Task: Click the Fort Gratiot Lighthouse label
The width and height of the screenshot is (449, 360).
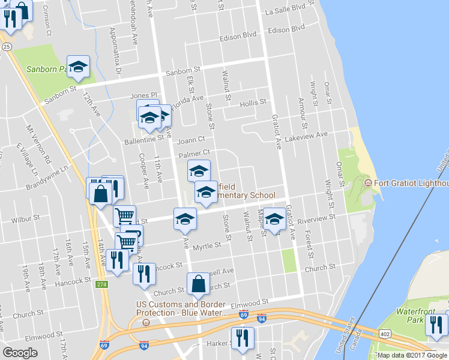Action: (411, 183)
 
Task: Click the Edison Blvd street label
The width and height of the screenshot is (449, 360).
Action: (287, 29)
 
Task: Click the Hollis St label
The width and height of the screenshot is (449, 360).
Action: (253, 103)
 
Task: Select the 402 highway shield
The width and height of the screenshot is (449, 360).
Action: (385, 334)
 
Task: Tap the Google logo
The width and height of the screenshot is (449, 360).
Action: (20, 353)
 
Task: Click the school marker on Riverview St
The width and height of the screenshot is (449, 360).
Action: (274, 219)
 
